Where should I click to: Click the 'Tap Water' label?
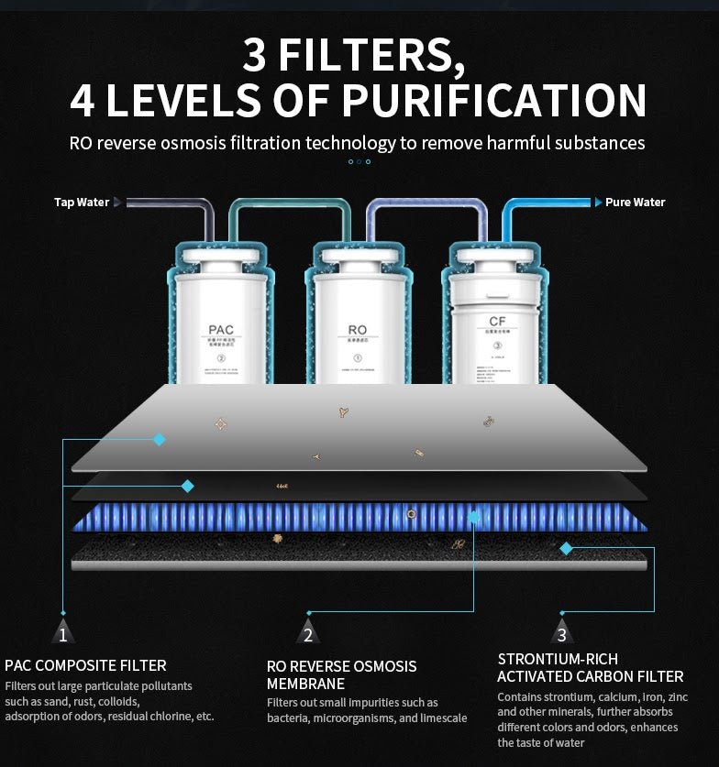point(81,203)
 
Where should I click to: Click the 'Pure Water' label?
point(635,203)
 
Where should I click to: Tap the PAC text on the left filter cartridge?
point(221,330)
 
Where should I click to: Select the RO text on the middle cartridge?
point(358,330)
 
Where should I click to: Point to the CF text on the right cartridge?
point(497,321)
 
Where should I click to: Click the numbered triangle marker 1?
point(62,633)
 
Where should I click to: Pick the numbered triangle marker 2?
point(308,633)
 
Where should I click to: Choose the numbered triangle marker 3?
point(562,633)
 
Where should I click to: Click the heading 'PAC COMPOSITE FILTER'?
point(85,665)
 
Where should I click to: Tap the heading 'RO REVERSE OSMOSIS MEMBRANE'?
point(341,674)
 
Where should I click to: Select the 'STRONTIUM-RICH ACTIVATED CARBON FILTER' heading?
point(590,668)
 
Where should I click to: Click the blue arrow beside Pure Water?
point(598,203)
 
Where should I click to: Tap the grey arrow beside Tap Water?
point(116,203)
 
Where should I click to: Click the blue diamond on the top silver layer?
point(160,440)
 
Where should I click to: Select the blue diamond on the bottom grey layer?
point(566,548)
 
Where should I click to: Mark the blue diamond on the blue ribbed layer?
point(474,518)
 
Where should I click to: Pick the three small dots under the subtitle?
point(359,162)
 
